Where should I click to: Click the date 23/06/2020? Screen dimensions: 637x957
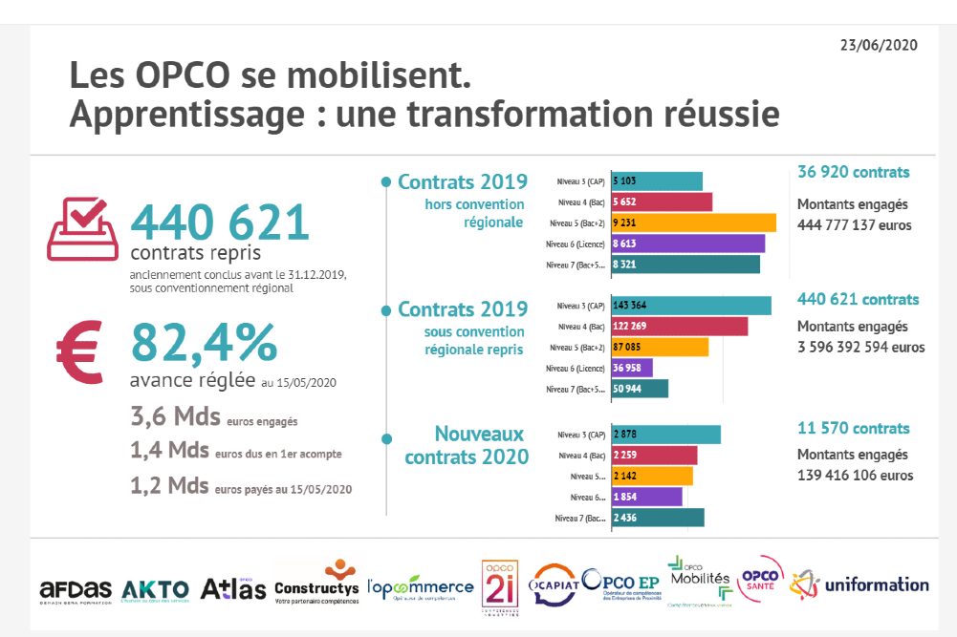tap(878, 45)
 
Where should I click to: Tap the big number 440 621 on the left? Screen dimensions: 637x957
tap(220, 222)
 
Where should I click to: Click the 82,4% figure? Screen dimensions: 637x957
tap(204, 343)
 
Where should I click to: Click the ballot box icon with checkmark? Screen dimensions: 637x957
tap(82, 228)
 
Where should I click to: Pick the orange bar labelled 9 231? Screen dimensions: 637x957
tap(693, 223)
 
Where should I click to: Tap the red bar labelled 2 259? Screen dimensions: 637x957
tap(654, 455)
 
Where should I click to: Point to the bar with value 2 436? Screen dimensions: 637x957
tap(657, 518)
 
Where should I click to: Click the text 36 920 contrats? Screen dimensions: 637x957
tap(853, 173)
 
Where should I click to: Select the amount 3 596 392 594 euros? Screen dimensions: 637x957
tap(860, 348)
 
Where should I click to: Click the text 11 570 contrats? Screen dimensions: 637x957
tap(853, 429)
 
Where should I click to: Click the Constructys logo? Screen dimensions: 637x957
tap(316, 582)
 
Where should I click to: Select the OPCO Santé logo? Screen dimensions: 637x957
tap(761, 580)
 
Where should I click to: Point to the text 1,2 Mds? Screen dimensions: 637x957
tap(169, 485)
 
